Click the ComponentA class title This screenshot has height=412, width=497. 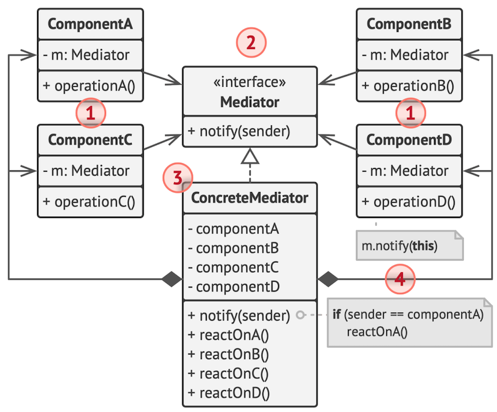coord(90,25)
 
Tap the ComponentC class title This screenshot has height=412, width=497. coord(90,140)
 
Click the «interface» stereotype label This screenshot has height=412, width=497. coord(248,83)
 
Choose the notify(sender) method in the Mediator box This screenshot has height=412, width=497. coord(239,131)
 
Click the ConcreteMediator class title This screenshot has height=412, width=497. coord(249,197)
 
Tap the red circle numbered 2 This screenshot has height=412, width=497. coord(251,44)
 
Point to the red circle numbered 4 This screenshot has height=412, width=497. coord(400,280)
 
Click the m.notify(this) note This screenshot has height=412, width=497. coord(408,246)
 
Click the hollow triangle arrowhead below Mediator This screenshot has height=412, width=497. coord(249,157)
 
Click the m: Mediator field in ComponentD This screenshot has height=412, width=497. coord(406,171)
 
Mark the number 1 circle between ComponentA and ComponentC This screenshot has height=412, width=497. coord(91,113)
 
